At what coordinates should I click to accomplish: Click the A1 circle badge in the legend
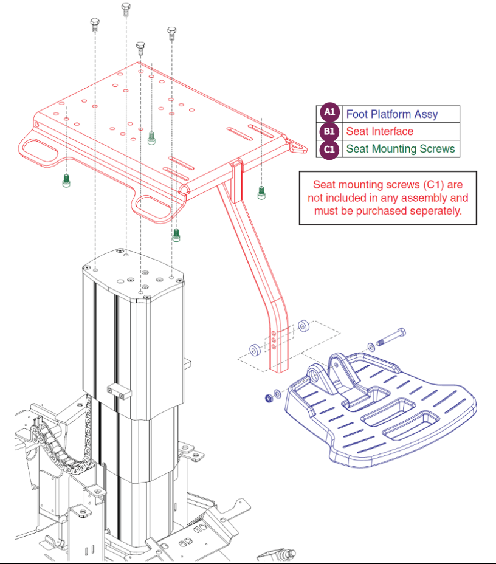click(x=329, y=114)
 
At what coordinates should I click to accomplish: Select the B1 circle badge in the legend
click(x=329, y=131)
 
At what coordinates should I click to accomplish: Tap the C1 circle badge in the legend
click(x=329, y=149)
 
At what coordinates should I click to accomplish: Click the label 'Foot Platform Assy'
click(x=391, y=114)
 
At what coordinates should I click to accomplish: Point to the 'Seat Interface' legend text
click(x=379, y=131)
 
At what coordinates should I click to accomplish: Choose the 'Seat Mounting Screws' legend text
click(x=400, y=149)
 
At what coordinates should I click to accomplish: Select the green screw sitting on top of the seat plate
click(x=152, y=137)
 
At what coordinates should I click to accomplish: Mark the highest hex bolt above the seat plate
click(x=126, y=9)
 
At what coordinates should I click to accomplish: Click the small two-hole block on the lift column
click(x=119, y=391)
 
